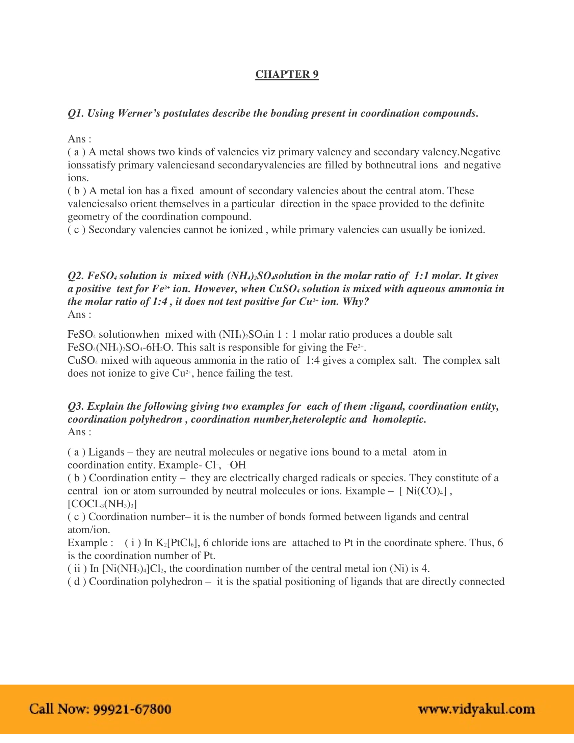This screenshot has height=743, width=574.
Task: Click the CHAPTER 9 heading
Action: pos(287,74)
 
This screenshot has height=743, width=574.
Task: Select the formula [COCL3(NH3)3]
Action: pos(102,504)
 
